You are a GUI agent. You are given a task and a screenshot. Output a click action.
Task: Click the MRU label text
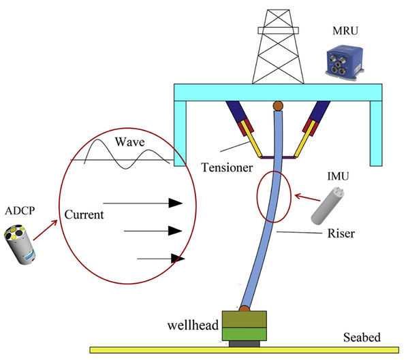pos(345,31)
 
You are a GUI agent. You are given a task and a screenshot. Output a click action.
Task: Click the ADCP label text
pos(20,211)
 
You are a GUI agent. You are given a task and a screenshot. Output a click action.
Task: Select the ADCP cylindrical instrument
pos(20,244)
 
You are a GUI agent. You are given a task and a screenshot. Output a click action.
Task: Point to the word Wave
pos(129,142)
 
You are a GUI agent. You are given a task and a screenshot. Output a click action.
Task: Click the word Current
pos(84,214)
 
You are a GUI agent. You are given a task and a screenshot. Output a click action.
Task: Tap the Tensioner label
pos(227,167)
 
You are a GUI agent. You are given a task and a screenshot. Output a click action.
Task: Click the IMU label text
pos(338,176)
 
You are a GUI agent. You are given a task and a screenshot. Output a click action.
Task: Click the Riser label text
pos(341,233)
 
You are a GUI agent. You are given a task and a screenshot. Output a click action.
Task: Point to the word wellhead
pos(193,325)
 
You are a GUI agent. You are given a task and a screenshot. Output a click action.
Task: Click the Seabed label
pos(362,338)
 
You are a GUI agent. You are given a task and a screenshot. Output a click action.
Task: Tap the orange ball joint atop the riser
pos(278,105)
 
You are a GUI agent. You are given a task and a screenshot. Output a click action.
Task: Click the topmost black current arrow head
pos(175,203)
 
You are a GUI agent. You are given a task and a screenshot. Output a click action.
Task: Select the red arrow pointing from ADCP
pos(45,230)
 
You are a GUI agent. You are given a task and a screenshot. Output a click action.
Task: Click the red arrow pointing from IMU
pos(307,197)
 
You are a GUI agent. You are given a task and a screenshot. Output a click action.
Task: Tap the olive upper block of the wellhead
pos(244,319)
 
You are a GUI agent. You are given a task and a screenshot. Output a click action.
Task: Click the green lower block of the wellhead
pos(244,334)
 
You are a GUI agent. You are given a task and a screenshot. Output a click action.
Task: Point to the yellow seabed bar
pos(244,350)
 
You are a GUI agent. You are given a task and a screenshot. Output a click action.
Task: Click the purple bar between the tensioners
pos(278,157)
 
